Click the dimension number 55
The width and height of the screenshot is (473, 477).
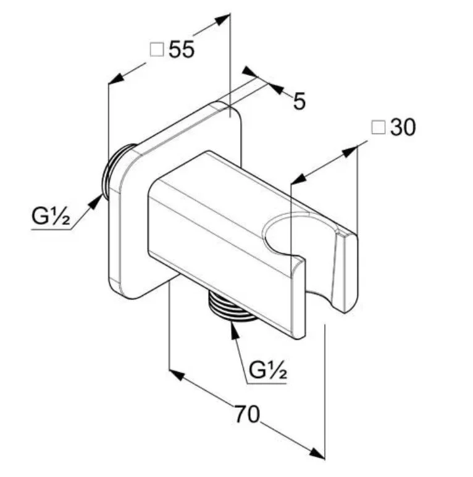[x=182, y=49]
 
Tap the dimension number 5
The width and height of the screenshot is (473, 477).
[x=299, y=101]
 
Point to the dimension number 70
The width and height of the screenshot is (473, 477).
[x=247, y=414]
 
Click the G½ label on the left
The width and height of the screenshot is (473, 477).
[x=51, y=216]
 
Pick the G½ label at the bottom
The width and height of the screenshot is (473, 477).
[x=267, y=370]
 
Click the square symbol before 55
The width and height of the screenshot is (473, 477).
[x=157, y=49]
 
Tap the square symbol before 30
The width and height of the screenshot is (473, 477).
[x=379, y=127]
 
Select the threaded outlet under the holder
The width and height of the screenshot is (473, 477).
[x=231, y=306]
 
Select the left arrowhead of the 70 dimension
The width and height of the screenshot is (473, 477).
[x=177, y=375]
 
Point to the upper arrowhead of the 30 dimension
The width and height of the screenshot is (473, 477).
[x=350, y=151]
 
